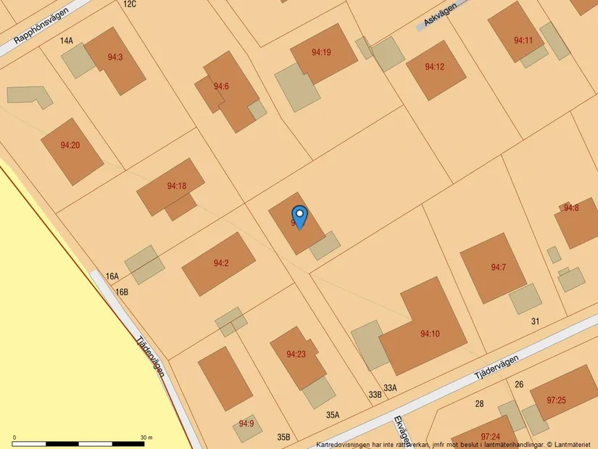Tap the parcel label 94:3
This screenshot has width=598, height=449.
115,57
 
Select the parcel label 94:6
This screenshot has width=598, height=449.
221,86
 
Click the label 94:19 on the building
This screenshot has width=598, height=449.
321,52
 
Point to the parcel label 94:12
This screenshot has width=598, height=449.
434,67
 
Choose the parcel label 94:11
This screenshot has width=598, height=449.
523,41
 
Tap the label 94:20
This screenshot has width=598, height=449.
70,145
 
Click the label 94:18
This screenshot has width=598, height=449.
177,186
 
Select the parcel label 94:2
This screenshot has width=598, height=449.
221,263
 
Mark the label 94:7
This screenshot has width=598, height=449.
498,268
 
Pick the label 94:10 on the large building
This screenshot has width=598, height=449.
430,334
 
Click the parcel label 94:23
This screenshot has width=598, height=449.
296,354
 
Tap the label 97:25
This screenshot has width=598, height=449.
557,400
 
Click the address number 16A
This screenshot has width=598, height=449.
112,276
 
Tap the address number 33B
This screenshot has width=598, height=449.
375,395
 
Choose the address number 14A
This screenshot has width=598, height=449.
67,41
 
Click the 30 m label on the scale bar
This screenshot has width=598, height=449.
146,437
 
